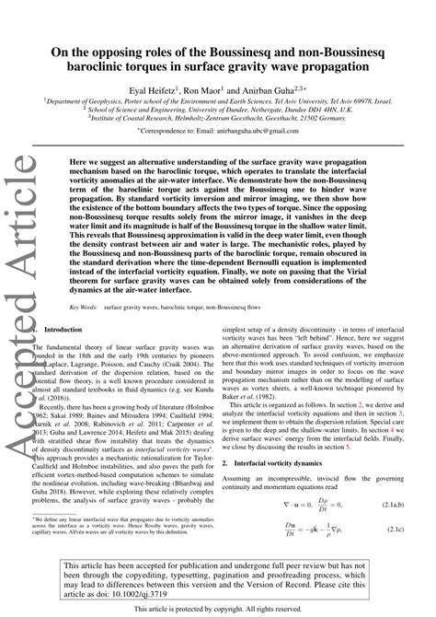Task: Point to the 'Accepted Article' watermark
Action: point(21,276)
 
